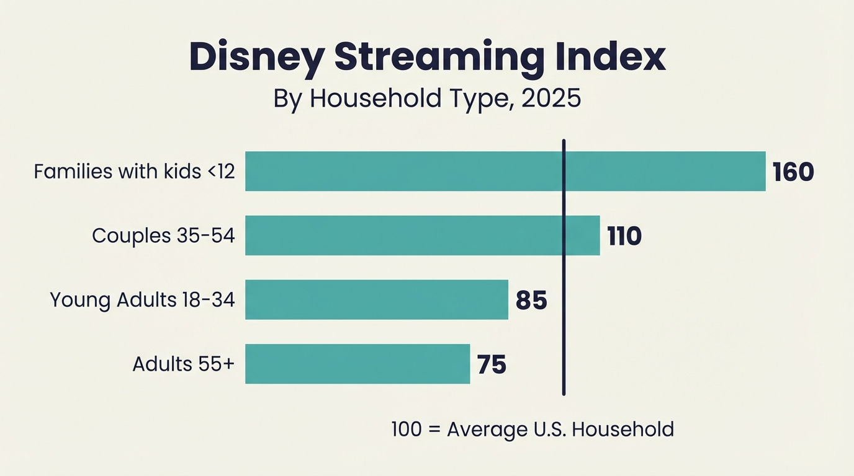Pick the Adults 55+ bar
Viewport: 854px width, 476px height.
click(357, 364)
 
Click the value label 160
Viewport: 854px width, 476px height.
click(793, 172)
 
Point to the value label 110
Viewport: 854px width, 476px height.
click(624, 236)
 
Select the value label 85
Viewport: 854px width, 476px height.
click(531, 300)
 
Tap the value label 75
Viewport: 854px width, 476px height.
click(492, 364)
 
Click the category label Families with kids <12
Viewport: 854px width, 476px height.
click(134, 172)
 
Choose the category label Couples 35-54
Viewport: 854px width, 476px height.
click(163, 236)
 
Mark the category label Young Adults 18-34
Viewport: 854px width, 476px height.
click(142, 300)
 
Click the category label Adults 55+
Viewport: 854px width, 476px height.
click(183, 364)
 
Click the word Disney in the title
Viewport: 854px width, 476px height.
click(256, 58)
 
